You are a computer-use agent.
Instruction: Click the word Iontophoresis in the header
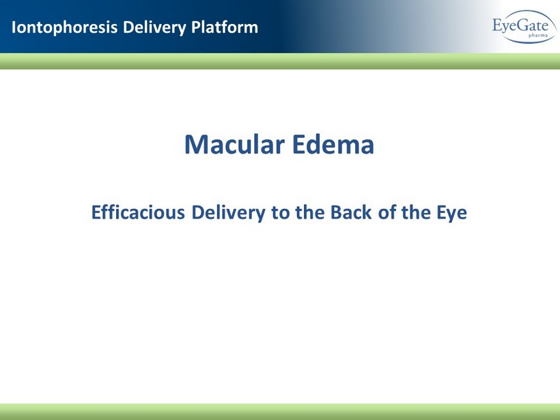pos(65,27)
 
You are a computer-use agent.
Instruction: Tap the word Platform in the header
pos(225,27)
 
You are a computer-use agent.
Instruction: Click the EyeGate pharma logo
pos(524,27)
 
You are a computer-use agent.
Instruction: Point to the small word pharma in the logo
pos(538,36)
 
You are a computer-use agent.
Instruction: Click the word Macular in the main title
pos(235,144)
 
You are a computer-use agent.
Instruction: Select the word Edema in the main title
pos(333,144)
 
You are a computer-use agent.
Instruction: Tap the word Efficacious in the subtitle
pos(138,212)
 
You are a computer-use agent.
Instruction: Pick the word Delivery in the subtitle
pos(229,212)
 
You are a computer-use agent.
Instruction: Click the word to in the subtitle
pos(279,213)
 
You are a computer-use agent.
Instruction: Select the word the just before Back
pos(310,212)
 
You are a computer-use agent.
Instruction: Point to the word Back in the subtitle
pos(351,212)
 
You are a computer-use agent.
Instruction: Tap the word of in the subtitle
pos(387,212)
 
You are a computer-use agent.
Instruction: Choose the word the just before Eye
pos(416,212)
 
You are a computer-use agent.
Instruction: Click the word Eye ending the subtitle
pos(452,213)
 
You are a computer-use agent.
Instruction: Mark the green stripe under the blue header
pos(280,61)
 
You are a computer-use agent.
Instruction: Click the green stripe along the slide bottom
pos(280,412)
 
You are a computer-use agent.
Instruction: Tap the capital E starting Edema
pos(298,145)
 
